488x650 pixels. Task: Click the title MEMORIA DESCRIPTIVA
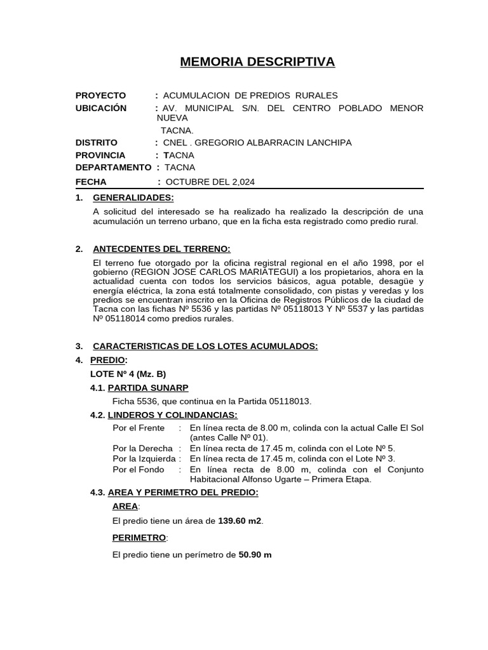coord(257,62)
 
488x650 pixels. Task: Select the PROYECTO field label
coord(100,95)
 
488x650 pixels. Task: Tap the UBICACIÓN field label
coord(101,108)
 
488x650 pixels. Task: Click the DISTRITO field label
coord(97,143)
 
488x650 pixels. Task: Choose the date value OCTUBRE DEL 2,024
coord(210,182)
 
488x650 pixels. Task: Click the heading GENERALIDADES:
coord(133,197)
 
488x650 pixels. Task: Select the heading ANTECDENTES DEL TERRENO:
coord(161,248)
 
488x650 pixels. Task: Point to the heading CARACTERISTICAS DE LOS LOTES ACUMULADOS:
coord(205,346)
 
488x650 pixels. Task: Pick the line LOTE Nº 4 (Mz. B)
coord(128,374)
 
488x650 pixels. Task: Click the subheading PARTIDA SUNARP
coord(149,388)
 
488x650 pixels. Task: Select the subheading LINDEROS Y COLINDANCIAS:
coord(173,415)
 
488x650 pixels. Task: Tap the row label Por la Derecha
coord(142,448)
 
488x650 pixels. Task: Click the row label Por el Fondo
coord(138,469)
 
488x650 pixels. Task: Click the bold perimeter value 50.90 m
coord(255,554)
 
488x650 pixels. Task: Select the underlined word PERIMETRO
coord(139,538)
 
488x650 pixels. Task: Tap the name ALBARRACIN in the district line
coord(275,143)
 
